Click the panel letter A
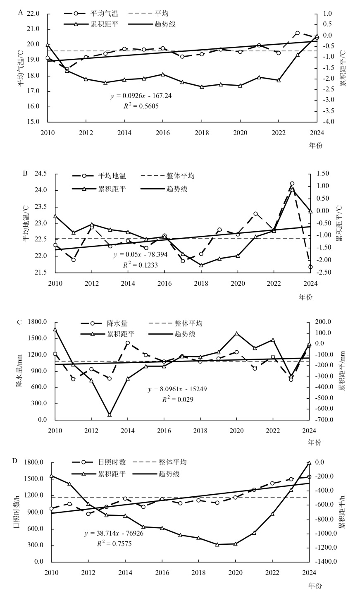pyautogui.click(x=20, y=12)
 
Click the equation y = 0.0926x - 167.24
pyautogui.click(x=141, y=96)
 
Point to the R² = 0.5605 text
pyautogui.click(x=141, y=106)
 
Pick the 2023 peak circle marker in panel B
pyautogui.click(x=292, y=183)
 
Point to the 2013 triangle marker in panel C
pyautogui.click(x=110, y=414)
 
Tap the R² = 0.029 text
pyautogui.click(x=176, y=400)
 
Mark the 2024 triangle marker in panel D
pyautogui.click(x=309, y=463)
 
